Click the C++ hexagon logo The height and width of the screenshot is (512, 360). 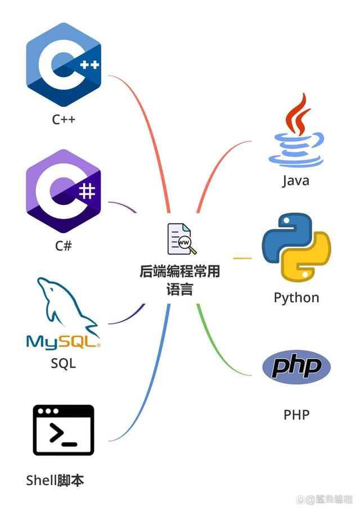point(63,65)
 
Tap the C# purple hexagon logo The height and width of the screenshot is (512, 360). point(63,192)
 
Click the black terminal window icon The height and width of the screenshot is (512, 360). point(63,430)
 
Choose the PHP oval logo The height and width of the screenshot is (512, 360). point(296,367)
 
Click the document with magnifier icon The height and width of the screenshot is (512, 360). point(181,239)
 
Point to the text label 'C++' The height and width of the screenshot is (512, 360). point(63,120)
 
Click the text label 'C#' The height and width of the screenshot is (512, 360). point(63,246)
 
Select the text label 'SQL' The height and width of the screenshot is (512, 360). point(63,364)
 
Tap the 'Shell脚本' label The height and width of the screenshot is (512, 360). point(55,481)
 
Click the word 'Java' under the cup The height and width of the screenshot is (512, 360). point(296,181)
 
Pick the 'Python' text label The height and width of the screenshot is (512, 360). point(296,297)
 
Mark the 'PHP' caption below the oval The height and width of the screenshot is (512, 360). point(296,415)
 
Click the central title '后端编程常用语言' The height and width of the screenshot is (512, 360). point(180,280)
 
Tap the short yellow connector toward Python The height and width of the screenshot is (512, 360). point(242,259)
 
